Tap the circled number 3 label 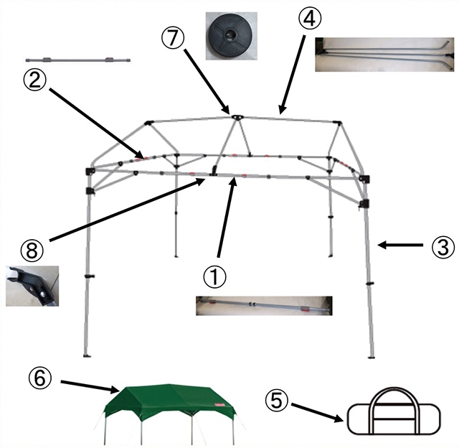pyautogui.click(x=440, y=247)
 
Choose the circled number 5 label pyautogui.click(x=276, y=398)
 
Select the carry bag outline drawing pyautogui.click(x=394, y=416)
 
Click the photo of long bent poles pyautogui.click(x=384, y=52)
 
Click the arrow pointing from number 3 pyautogui.click(x=399, y=246)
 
